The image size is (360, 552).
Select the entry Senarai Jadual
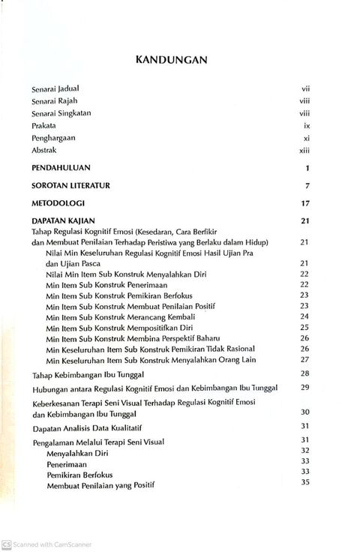click(55, 88)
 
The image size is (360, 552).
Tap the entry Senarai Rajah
click(55, 101)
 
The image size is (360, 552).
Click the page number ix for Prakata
click(306, 126)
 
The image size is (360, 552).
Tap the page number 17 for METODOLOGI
click(305, 202)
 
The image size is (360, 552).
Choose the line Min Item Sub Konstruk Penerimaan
click(106, 285)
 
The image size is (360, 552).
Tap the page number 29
click(305, 387)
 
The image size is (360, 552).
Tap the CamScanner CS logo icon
click(7, 544)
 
